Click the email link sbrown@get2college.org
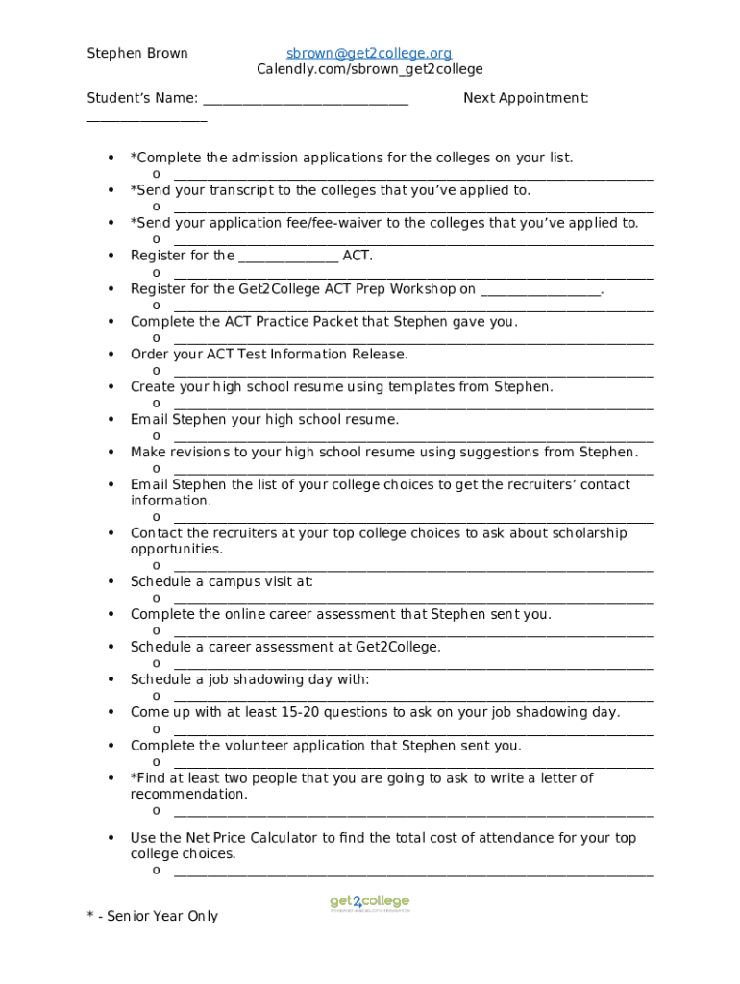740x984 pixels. click(x=369, y=53)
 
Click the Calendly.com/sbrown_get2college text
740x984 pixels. click(x=369, y=69)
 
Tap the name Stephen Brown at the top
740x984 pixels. click(x=137, y=53)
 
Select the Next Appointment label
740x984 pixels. click(x=525, y=98)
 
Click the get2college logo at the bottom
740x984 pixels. click(x=369, y=902)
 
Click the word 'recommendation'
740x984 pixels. click(x=188, y=795)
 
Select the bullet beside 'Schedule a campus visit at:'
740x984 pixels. click(x=111, y=582)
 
